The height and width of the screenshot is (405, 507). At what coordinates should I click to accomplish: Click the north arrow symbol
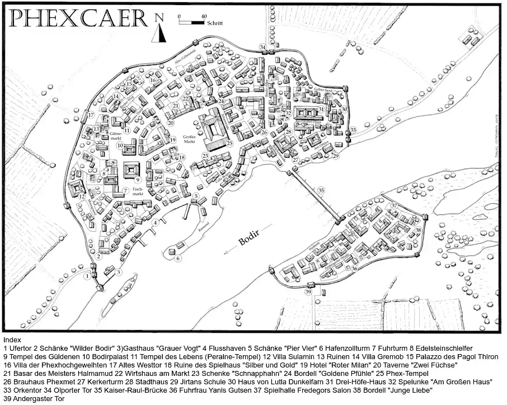(159, 29)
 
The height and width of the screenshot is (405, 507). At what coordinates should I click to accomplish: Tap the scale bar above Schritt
(191, 22)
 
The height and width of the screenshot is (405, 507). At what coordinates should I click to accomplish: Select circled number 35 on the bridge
(321, 190)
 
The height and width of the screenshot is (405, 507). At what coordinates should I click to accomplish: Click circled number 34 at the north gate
(262, 46)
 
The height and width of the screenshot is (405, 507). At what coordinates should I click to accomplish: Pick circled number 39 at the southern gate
(308, 292)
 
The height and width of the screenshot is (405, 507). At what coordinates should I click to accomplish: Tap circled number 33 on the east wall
(353, 130)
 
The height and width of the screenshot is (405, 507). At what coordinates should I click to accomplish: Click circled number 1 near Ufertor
(88, 276)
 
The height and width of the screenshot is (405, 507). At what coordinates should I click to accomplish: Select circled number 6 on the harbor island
(177, 258)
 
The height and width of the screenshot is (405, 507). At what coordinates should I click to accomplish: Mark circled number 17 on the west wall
(90, 115)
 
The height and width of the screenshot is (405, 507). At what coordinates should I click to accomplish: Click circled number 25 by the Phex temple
(229, 143)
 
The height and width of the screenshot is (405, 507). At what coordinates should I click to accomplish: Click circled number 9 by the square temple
(137, 180)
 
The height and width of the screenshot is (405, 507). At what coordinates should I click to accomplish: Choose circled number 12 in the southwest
(81, 196)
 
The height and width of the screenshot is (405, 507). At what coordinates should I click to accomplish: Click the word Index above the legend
(12, 340)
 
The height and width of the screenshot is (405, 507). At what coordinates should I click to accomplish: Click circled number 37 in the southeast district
(394, 205)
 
